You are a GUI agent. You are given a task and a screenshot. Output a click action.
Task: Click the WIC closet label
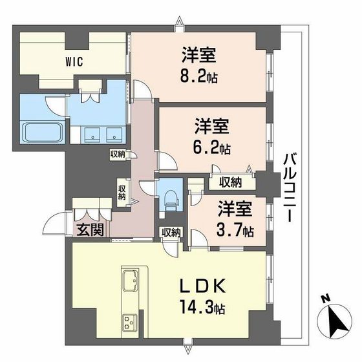[x=73, y=63]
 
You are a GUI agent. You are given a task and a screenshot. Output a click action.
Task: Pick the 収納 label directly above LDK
[x=171, y=232]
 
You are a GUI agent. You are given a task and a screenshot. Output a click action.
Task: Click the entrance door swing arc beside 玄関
[x=55, y=224]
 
